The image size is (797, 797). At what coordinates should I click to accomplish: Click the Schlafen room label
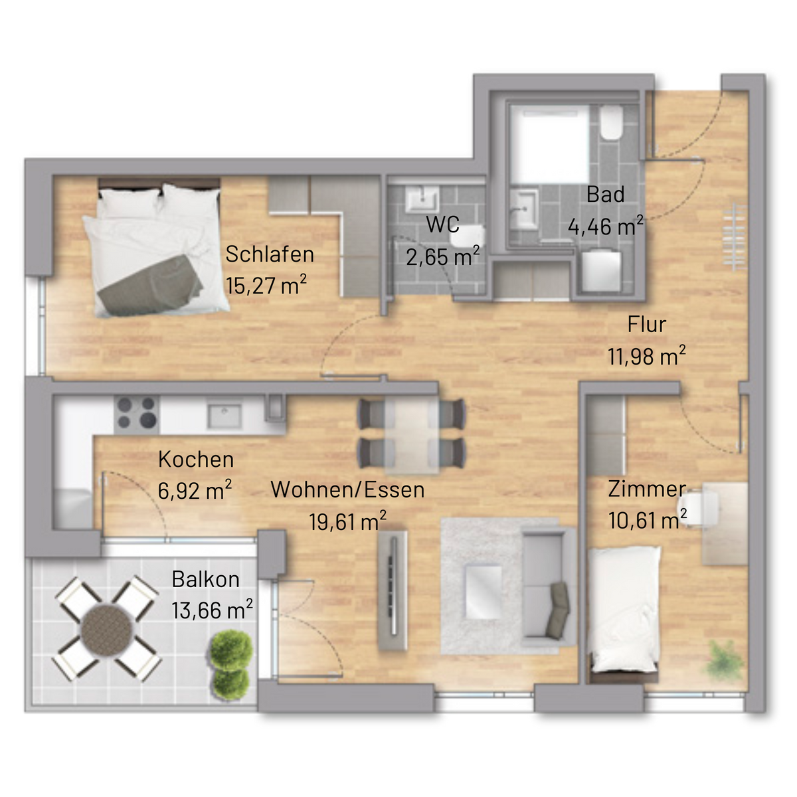[x=270, y=254]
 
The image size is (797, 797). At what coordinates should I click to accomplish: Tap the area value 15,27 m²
[x=266, y=285]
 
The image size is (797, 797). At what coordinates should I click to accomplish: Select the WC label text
[x=442, y=224]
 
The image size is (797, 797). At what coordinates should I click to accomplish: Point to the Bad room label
[x=605, y=195]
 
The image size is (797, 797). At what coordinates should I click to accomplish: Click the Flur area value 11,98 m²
[x=646, y=356]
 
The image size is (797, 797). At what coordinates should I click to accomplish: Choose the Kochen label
[x=196, y=460]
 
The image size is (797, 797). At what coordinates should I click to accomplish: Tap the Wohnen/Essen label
[x=347, y=489]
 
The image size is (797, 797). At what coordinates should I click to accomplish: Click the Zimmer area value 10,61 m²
[x=648, y=519]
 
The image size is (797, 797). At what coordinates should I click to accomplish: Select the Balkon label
[x=205, y=579]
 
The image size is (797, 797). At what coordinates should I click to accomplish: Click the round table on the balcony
[x=107, y=630]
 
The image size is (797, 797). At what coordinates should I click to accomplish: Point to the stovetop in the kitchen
[x=137, y=412]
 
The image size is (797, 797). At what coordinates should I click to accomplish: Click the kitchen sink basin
[x=224, y=416]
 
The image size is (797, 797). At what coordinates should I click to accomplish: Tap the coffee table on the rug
[x=484, y=592]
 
